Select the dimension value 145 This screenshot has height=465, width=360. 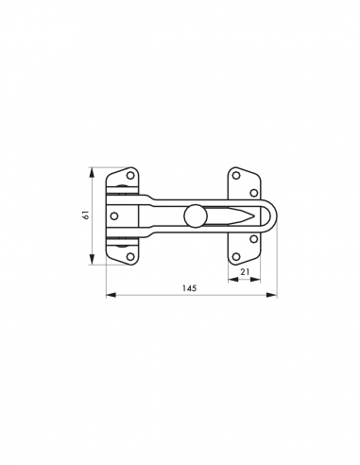pos(189,288)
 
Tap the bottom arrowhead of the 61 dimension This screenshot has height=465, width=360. pos(91,261)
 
